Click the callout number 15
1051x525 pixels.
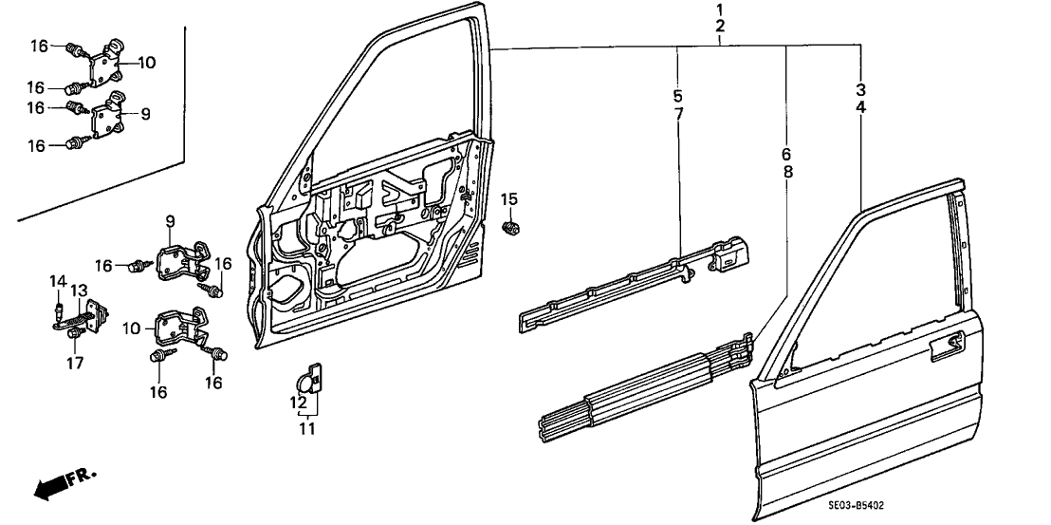click(x=509, y=199)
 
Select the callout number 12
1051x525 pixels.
click(x=299, y=402)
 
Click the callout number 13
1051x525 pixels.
click(x=79, y=290)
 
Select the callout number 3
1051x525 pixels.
click(x=860, y=90)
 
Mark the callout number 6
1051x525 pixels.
click(x=787, y=154)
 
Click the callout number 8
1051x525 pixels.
click(x=787, y=172)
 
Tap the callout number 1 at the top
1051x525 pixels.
click(x=720, y=9)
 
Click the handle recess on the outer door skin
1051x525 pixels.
click(x=951, y=347)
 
